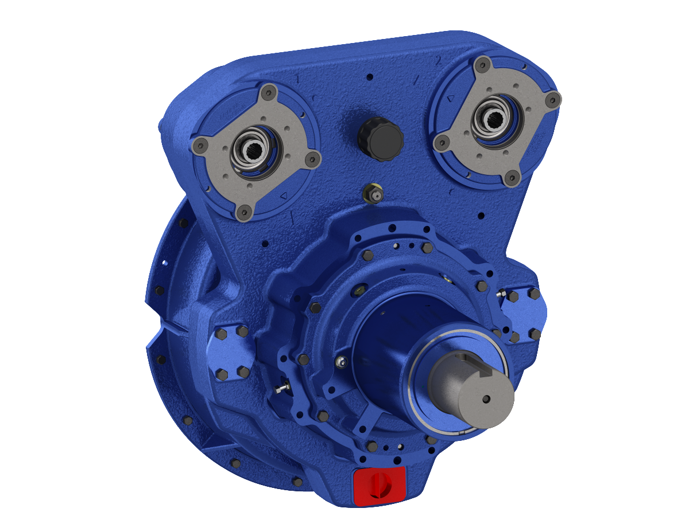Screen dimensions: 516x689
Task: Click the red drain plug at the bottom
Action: coord(380,486)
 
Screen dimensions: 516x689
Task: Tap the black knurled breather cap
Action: coord(380,138)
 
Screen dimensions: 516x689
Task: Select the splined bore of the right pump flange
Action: coord(495,119)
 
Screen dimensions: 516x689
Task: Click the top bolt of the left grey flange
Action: coord(268,92)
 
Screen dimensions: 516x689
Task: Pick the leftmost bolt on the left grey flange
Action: coord(200,146)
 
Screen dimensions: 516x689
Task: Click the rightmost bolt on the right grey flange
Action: coord(552,99)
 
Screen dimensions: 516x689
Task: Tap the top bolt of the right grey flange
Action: coord(483,64)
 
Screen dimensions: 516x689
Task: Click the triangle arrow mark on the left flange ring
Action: coord(283,197)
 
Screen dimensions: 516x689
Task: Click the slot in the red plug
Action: coord(380,486)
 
